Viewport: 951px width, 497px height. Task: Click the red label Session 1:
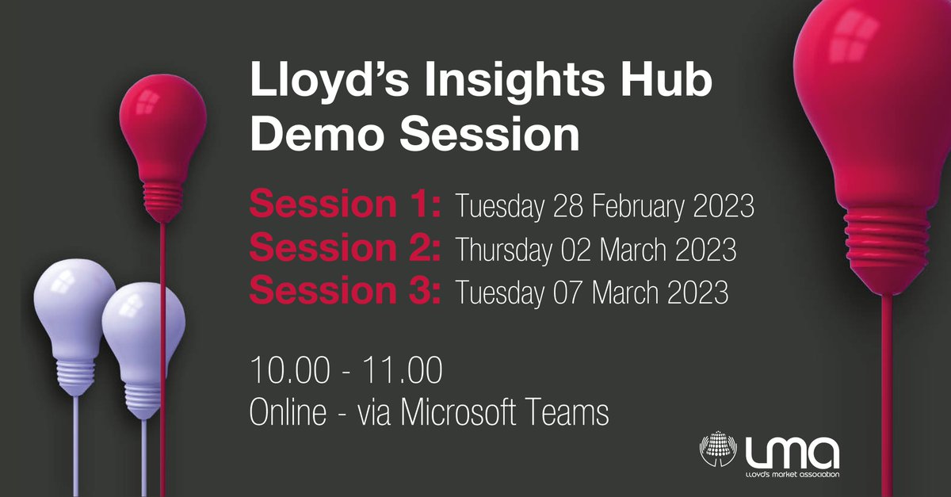coord(345,207)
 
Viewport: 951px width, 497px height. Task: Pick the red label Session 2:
coord(345,249)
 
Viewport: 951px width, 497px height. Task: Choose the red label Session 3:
coord(345,291)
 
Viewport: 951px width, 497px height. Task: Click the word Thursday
coord(503,250)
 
